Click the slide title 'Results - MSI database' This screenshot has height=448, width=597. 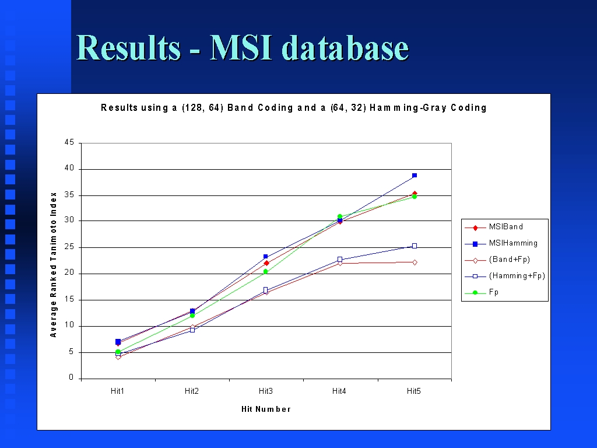(243, 48)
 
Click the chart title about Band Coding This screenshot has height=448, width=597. (294, 108)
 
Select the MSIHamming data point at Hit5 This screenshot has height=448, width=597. (415, 176)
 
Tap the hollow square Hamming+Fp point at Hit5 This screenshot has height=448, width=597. (415, 246)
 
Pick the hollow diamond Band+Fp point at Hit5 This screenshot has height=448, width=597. (415, 262)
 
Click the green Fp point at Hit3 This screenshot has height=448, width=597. (266, 272)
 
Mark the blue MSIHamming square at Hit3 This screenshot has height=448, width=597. (266, 257)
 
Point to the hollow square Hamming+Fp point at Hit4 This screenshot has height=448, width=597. (340, 260)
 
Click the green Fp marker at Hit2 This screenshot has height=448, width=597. (192, 316)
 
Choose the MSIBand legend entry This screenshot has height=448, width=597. (494, 227)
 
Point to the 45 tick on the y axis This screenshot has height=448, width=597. (69, 142)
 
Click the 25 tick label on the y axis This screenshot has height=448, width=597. (69, 247)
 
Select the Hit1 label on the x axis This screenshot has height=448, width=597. (118, 391)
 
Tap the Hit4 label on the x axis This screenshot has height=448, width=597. (339, 391)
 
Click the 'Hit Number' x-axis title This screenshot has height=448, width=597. (266, 409)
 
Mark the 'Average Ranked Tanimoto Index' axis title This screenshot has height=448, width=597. (53, 265)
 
